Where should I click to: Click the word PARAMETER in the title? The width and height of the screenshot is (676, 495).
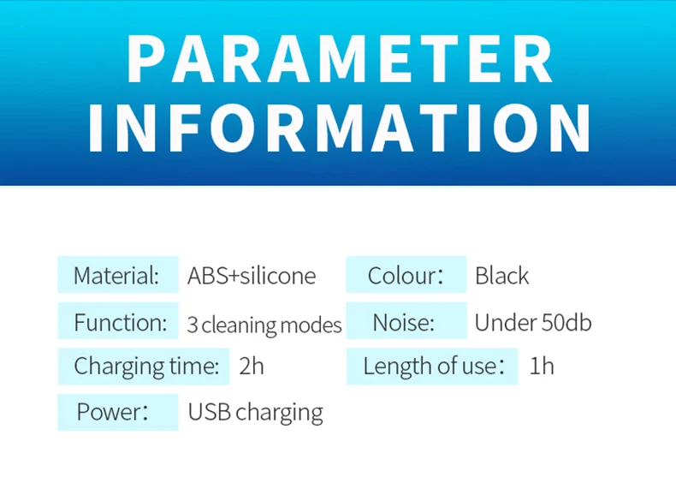340,58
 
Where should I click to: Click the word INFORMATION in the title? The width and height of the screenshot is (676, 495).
340,128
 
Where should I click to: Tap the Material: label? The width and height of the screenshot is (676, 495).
116,276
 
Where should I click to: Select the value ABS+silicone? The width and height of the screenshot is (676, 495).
252,276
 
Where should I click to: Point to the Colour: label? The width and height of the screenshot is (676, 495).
406,276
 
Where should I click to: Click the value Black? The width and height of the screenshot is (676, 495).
501,276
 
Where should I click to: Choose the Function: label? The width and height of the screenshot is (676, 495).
121,322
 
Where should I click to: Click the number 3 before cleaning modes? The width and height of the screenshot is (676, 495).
193,325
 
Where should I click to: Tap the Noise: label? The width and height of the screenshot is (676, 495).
404,322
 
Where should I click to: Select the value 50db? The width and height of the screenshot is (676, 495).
566,322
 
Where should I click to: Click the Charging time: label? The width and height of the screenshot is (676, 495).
146,367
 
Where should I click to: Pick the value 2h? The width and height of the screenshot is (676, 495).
252,366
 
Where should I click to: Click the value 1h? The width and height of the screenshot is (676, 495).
542,366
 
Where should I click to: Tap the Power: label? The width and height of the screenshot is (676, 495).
112,411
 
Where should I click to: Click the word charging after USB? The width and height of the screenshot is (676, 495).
279,413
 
